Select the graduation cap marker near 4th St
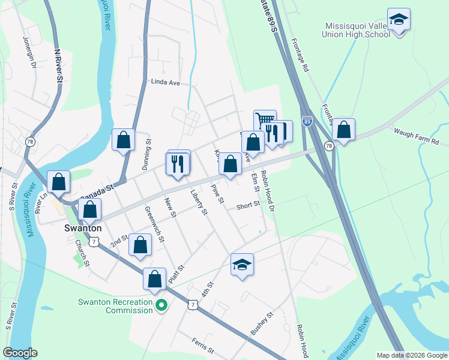point(242,264)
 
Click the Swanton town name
point(82,229)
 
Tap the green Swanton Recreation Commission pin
point(161,306)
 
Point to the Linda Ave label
point(166,82)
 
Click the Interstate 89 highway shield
point(307,121)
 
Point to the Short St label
point(247,205)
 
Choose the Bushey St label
point(262,323)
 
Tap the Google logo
point(20,353)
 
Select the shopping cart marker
point(264,120)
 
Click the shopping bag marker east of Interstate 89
point(343,129)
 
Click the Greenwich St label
point(155,223)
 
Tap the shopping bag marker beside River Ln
point(59,181)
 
